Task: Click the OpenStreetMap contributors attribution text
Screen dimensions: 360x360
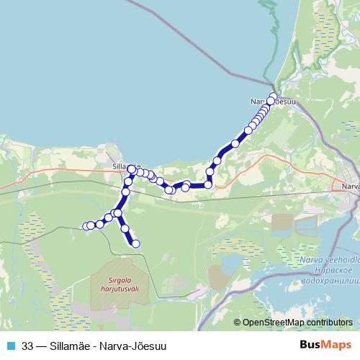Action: point(297,323)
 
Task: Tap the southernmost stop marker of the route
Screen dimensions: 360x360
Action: point(135,245)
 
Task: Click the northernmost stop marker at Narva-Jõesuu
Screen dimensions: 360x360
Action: point(273,96)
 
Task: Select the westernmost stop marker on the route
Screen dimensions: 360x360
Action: point(87,226)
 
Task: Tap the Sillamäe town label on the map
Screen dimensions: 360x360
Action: point(122,165)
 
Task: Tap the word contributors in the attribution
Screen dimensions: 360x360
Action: point(326,323)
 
